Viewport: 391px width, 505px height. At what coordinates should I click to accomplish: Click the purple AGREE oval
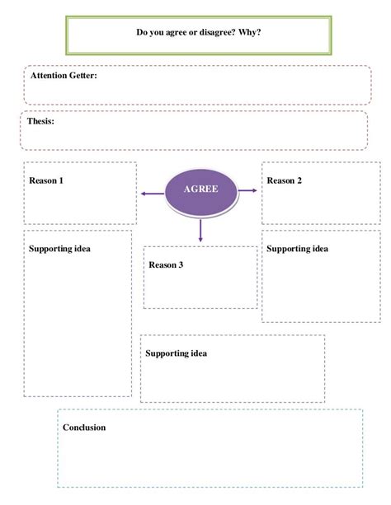click(x=201, y=191)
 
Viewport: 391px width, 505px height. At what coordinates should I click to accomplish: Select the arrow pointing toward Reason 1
click(x=152, y=194)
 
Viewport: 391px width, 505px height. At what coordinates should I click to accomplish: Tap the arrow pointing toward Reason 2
click(x=247, y=191)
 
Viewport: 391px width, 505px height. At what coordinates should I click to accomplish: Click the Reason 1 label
click(x=46, y=180)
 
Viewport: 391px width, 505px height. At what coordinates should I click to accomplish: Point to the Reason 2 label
click(x=284, y=180)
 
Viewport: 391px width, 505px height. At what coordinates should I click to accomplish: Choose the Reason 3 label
click(x=166, y=265)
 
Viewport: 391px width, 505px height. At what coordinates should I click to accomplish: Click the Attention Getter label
click(x=64, y=76)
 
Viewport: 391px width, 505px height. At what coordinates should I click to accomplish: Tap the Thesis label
click(x=40, y=121)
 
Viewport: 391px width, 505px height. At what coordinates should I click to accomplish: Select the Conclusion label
click(x=84, y=428)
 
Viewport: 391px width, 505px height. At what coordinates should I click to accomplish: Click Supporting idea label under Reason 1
click(x=59, y=249)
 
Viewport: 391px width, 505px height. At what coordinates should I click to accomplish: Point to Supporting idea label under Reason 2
click(x=297, y=248)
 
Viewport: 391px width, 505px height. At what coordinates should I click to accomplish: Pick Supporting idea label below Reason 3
click(x=176, y=353)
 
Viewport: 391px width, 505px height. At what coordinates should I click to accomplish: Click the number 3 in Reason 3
click(x=181, y=265)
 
